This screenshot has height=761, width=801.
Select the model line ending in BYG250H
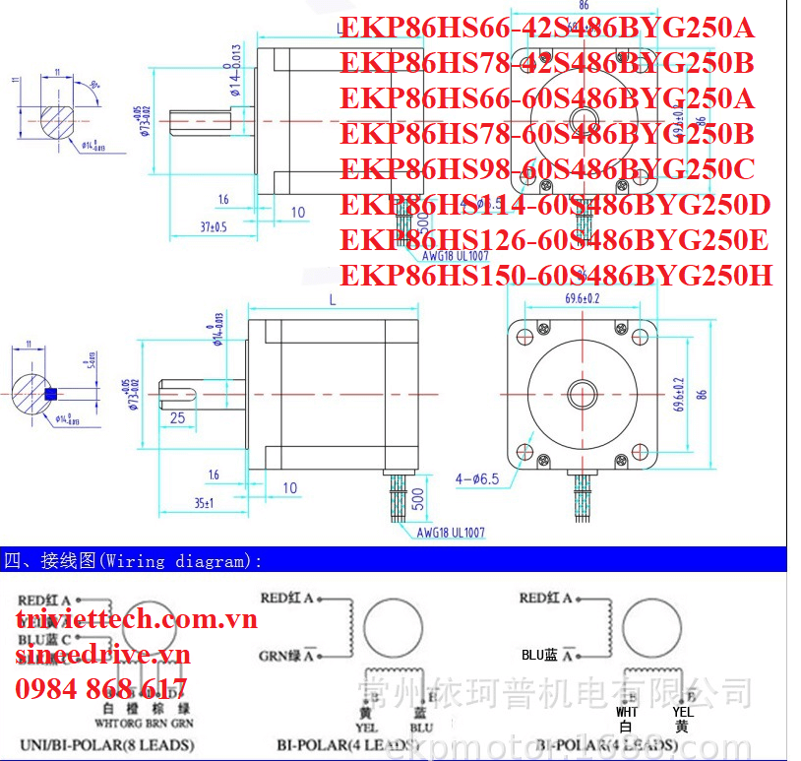click(556, 275)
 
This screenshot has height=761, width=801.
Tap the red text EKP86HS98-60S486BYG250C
click(547, 168)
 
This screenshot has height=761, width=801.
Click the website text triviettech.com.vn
click(136, 618)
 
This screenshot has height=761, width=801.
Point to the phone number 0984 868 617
click(100, 688)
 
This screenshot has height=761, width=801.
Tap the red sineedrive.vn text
click(102, 654)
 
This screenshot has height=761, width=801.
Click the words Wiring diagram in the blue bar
click(182, 561)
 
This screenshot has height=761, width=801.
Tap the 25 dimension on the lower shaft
click(177, 418)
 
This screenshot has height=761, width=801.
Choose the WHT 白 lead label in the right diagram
click(627, 718)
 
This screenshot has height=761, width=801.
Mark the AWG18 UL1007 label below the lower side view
click(451, 533)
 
